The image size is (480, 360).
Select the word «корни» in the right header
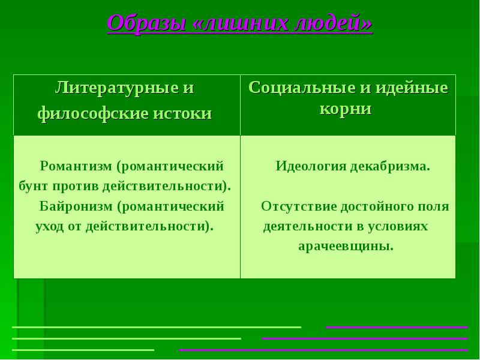tap(348, 109)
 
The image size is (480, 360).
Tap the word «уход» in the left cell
tap(50, 227)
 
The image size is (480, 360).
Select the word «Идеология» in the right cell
tap(310, 166)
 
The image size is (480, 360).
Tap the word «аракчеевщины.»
tap(346, 246)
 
